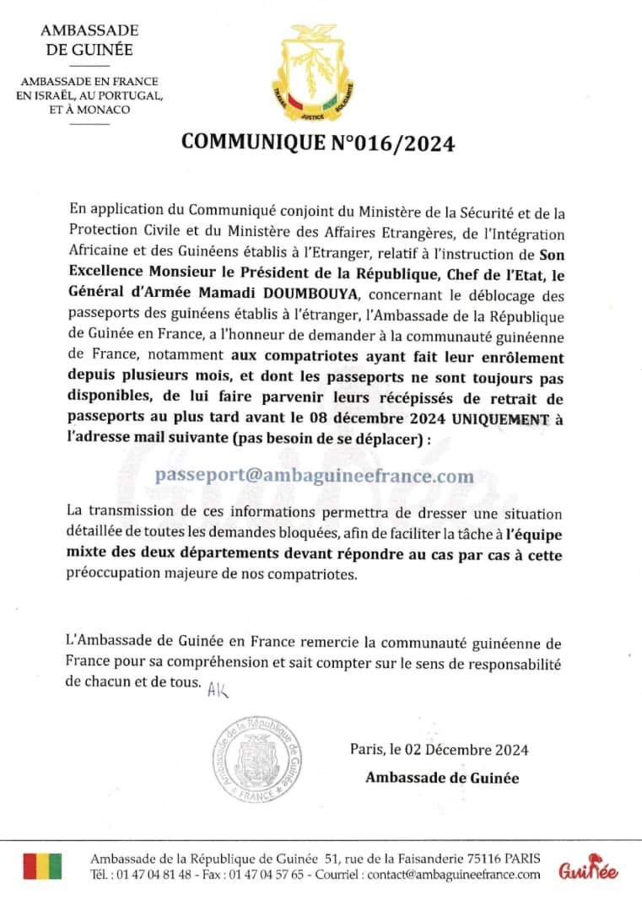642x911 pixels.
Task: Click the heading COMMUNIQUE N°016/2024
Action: (x=318, y=143)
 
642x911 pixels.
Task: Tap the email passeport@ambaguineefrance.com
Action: (x=314, y=476)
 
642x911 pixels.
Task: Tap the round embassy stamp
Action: (x=257, y=758)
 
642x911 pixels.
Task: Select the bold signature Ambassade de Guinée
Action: (x=441, y=778)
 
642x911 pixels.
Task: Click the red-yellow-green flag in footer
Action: (x=42, y=866)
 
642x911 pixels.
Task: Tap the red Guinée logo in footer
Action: (x=588, y=870)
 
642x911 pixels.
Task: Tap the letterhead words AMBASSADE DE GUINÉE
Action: (x=89, y=40)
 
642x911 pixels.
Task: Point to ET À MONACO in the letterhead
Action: (x=89, y=110)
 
